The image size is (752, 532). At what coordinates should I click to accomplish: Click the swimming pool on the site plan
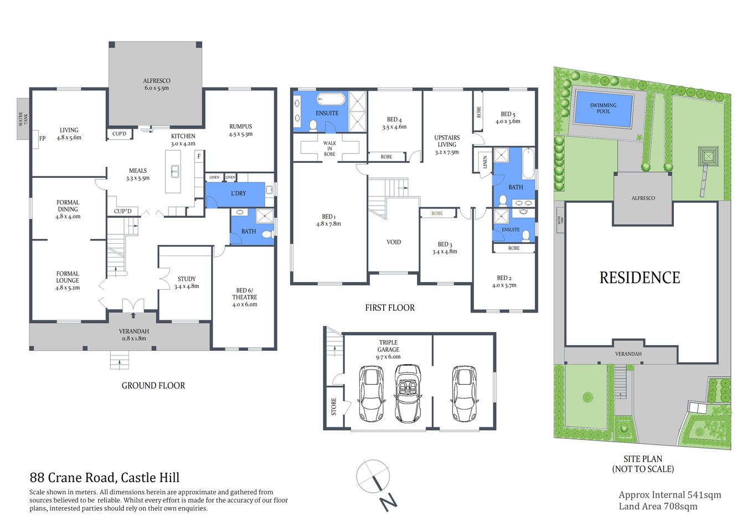point(603,109)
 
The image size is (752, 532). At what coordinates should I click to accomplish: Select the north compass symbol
point(374,478)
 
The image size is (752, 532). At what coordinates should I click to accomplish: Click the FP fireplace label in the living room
point(42,139)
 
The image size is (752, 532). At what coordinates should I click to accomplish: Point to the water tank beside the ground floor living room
point(23,119)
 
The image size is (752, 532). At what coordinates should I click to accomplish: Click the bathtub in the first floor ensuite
point(331,100)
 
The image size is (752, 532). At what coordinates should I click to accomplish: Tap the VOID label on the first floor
point(394,242)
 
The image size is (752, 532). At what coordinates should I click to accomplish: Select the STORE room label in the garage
point(334,407)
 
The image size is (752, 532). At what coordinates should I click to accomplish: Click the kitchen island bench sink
point(175,171)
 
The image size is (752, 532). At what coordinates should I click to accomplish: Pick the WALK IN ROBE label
point(329,149)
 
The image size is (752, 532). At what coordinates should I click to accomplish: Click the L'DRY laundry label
point(238,193)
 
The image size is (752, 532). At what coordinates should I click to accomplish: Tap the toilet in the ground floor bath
point(266,234)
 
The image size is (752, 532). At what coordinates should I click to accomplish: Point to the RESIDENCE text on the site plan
point(640,278)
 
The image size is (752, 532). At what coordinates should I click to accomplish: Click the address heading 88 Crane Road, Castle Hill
point(105,478)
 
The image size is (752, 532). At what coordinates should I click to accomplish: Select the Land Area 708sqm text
point(658,507)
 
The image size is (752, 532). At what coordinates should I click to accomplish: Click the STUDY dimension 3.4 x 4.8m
point(187,287)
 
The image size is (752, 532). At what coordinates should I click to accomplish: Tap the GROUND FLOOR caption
point(153,386)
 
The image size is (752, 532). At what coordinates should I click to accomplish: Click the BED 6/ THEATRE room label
point(245,294)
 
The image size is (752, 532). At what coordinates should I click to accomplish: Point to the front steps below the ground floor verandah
point(120,361)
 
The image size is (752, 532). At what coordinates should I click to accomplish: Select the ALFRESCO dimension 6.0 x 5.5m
point(157,88)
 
